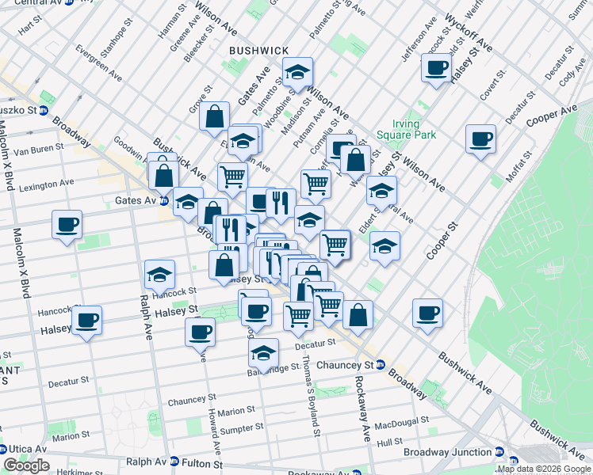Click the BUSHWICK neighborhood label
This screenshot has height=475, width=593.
click(258, 51)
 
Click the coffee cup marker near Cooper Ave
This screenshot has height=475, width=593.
click(480, 139)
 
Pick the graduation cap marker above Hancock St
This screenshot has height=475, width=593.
click(159, 275)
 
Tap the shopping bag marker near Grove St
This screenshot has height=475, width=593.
click(215, 117)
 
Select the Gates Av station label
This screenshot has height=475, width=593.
click(135, 201)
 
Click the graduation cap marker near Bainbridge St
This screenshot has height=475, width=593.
click(263, 351)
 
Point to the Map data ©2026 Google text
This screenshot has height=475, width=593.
click(544, 469)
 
